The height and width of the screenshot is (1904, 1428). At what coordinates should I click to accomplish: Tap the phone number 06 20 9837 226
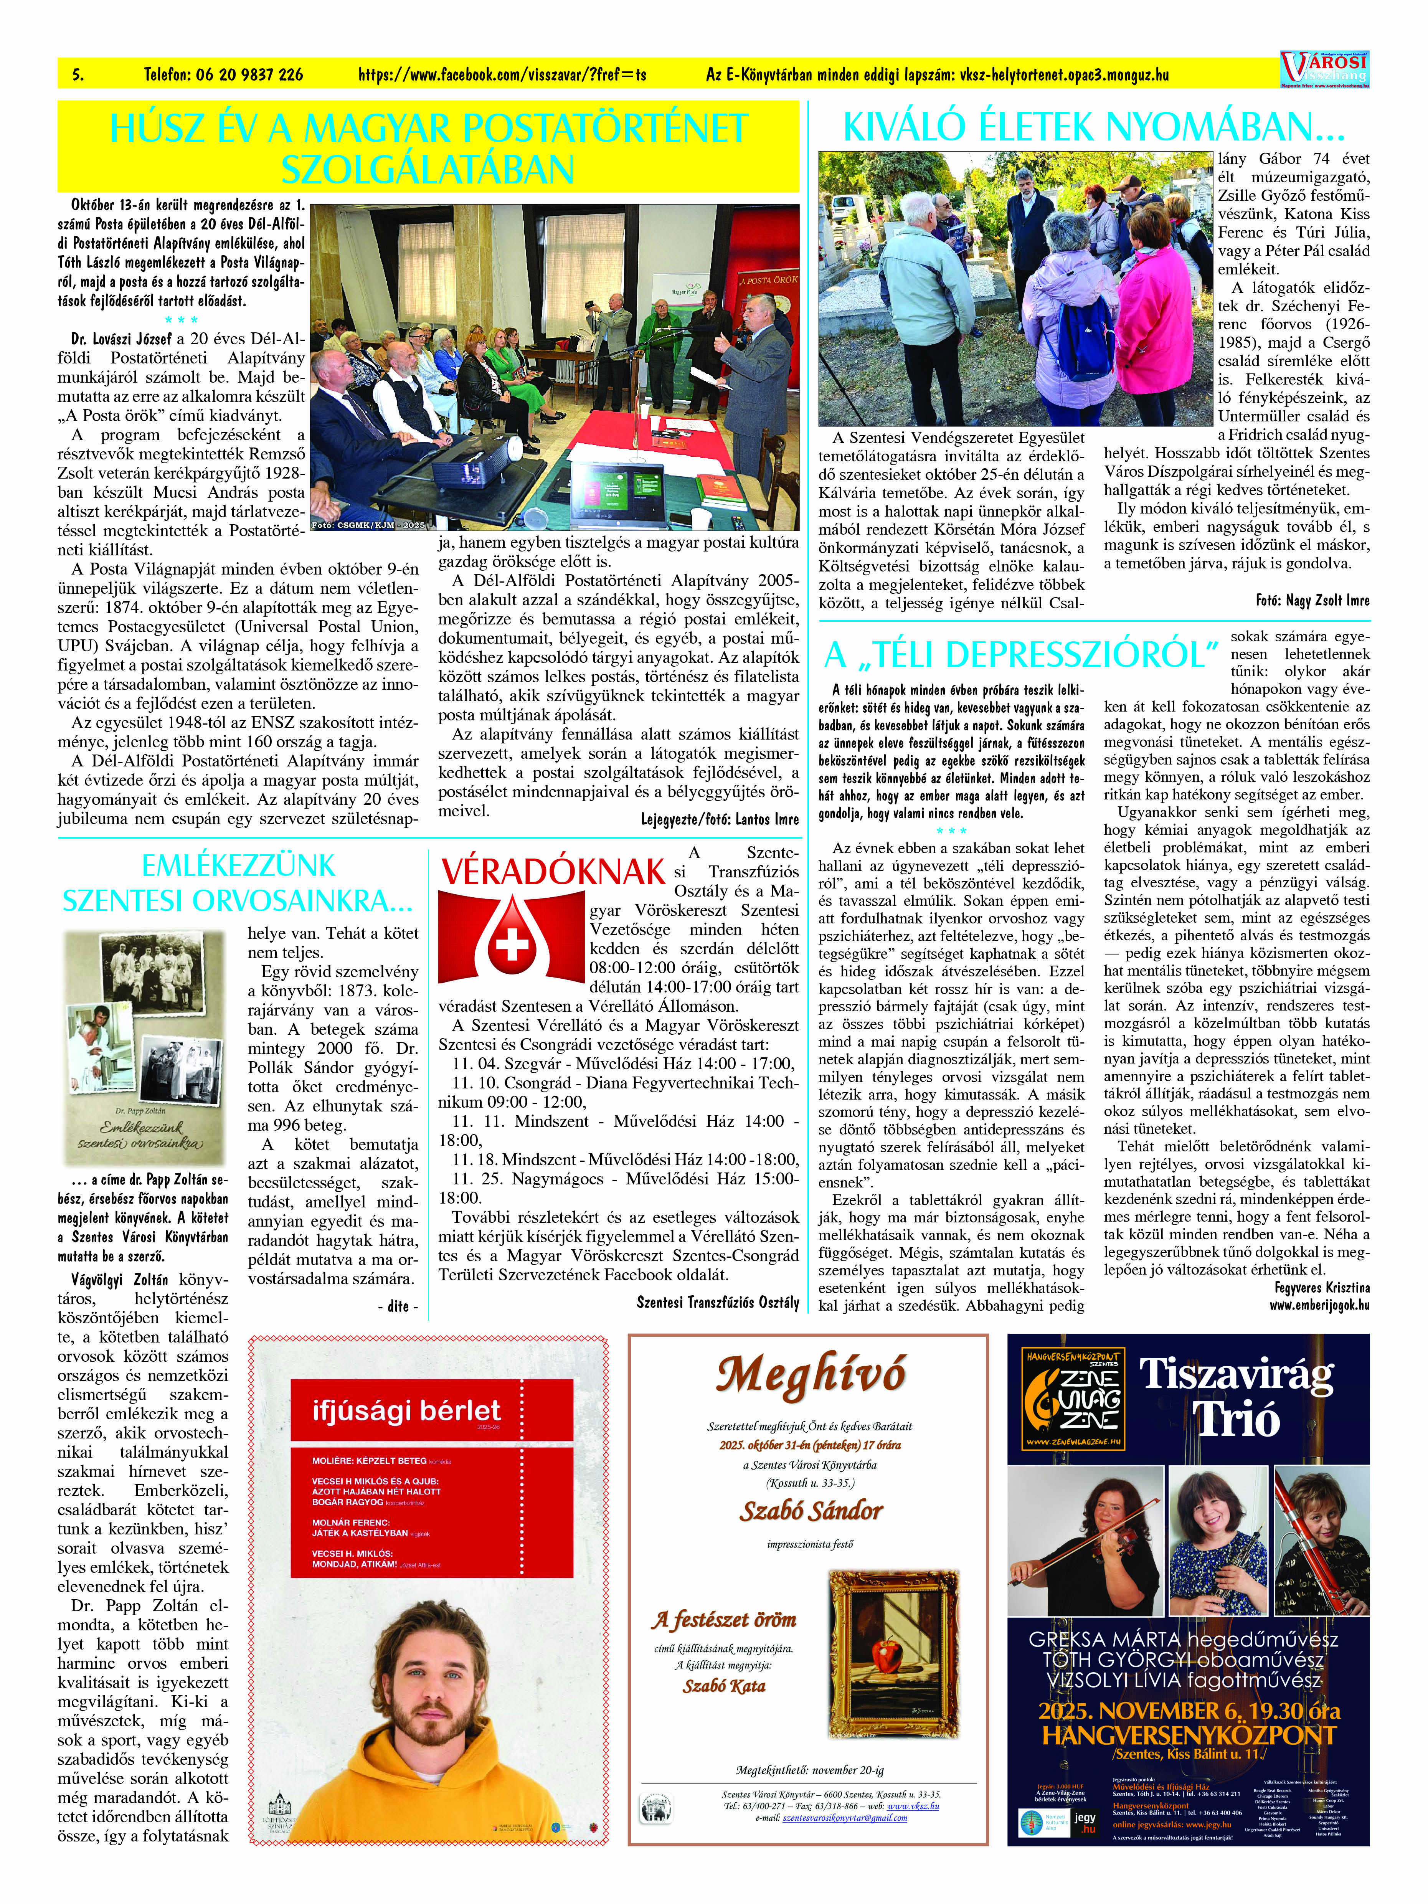[x=224, y=75]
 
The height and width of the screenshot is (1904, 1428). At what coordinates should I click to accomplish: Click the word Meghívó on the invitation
[x=810, y=1376]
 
